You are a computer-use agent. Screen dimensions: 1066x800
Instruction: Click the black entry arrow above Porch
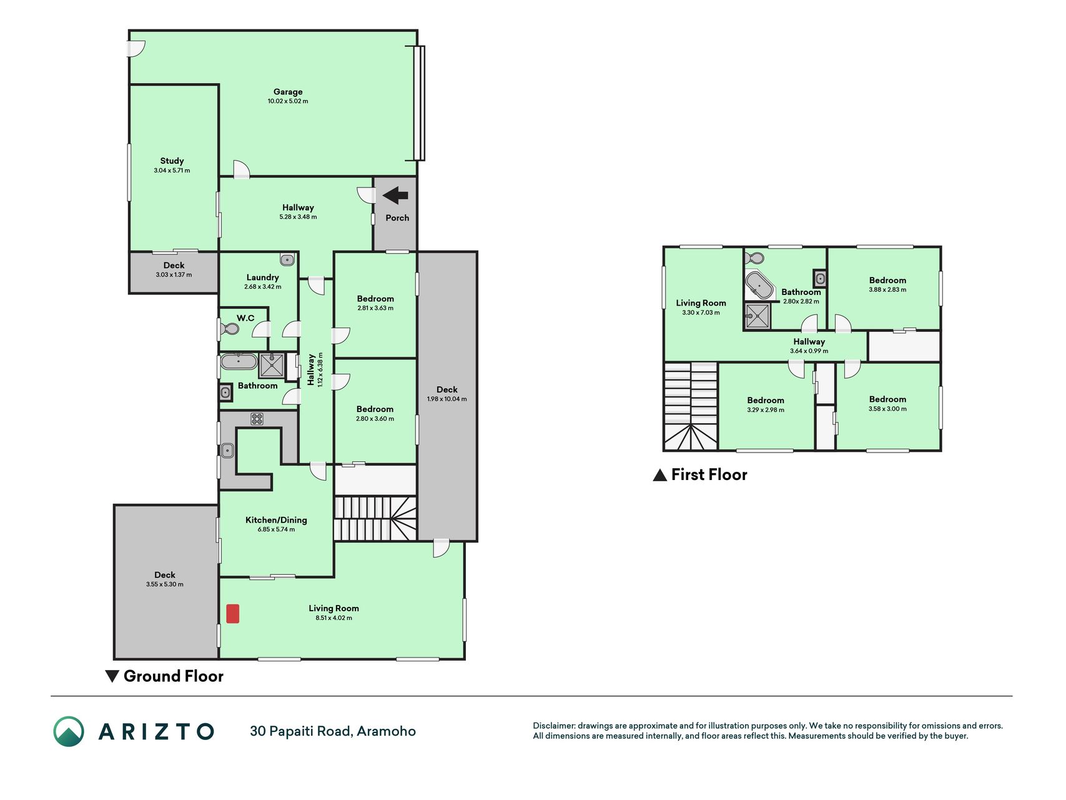tap(395, 196)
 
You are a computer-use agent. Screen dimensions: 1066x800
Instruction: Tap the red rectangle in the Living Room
tap(232, 613)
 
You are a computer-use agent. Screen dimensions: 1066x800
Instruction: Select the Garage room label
tap(288, 92)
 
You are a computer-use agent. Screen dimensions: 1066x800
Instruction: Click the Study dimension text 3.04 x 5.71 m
tap(172, 171)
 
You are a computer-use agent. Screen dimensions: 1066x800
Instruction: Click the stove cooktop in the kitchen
tap(257, 419)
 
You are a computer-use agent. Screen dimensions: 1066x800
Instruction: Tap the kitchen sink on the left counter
tap(227, 450)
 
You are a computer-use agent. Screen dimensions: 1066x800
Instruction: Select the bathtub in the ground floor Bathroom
tap(238, 362)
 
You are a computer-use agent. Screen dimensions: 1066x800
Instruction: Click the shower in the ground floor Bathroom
tap(272, 366)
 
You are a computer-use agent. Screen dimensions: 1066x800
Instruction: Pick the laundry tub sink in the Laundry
tap(287, 259)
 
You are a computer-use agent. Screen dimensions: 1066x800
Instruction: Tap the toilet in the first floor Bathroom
tap(756, 257)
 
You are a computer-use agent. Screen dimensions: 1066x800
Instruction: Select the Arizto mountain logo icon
tap(69, 731)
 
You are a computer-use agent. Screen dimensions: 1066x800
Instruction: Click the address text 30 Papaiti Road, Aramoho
tap(333, 731)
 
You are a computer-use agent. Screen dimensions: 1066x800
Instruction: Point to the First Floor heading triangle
tap(659, 475)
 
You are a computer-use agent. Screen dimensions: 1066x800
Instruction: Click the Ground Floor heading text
tap(174, 676)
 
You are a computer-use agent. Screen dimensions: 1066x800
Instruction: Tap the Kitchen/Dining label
tap(276, 520)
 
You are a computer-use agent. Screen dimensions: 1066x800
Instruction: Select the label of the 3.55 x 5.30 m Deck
tap(165, 575)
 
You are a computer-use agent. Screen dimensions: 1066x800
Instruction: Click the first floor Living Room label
tap(701, 303)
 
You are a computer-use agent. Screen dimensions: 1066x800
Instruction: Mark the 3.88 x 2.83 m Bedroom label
tap(887, 281)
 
